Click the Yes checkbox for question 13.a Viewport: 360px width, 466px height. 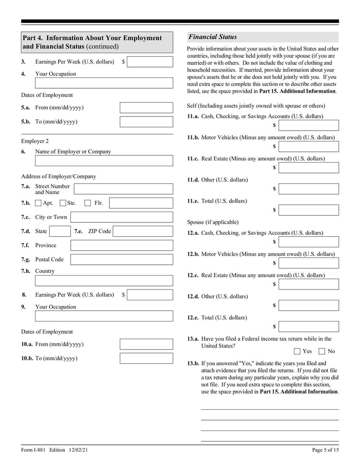(297, 351)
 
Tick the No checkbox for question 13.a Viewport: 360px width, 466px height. (322, 351)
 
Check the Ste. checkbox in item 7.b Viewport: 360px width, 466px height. (63, 203)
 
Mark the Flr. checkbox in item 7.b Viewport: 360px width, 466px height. (88, 203)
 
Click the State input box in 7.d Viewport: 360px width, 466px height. (58, 231)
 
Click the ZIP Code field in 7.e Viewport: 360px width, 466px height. (143, 231)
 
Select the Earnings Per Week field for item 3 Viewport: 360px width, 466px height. (150, 62)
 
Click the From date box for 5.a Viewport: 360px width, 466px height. (146, 108)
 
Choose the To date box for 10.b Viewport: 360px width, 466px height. (146, 358)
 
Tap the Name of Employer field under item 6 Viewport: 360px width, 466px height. (104, 161)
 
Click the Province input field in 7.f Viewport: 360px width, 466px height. (121, 245)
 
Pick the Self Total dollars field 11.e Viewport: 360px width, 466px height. (309, 210)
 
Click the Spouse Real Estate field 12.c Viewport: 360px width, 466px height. (309, 284)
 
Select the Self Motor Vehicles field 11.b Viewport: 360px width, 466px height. (309, 146)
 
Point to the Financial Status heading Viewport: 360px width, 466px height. (212, 37)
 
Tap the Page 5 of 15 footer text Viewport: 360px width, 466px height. (325, 450)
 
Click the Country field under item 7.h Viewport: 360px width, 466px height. (104, 281)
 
